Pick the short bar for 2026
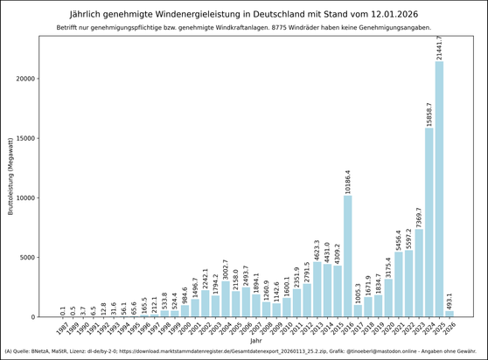point(450,314)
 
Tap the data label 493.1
point(450,300)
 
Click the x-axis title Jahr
point(255,341)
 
